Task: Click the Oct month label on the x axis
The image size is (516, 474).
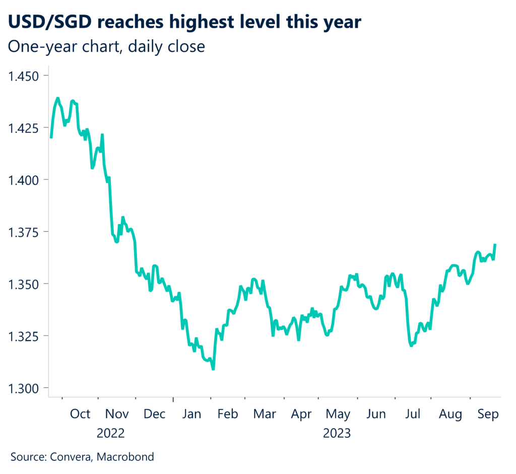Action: click(80, 414)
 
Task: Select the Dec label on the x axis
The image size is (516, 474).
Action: click(154, 414)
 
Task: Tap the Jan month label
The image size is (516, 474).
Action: click(192, 414)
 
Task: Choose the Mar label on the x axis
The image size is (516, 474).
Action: click(265, 414)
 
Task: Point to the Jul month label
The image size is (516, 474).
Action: click(413, 414)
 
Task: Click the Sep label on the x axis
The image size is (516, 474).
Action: click(488, 414)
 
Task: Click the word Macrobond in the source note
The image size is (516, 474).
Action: click(125, 457)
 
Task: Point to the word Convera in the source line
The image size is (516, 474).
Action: click(70, 457)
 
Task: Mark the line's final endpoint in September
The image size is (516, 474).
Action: click(495, 244)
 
